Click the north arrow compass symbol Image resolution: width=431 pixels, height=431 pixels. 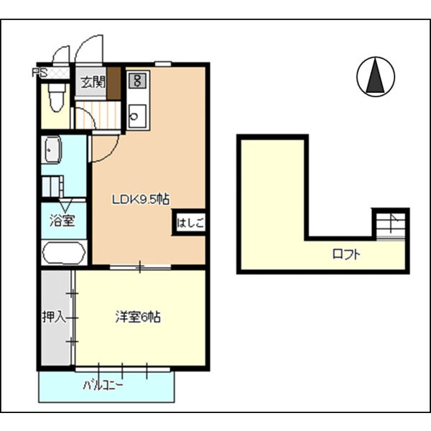tap(375, 76)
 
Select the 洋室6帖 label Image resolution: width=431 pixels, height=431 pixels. tap(137, 316)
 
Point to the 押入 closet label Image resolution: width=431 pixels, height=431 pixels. tap(55, 316)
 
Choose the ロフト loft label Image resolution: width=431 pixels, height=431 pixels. tap(346, 254)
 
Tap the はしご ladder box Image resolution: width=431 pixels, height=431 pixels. tap(190, 223)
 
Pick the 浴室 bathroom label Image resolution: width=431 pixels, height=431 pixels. tap(62, 221)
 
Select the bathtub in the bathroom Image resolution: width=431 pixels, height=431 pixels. tap(64, 254)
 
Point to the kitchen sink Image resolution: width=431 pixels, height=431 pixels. tap(137, 116)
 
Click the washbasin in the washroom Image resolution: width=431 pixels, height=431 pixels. tap(52, 150)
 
